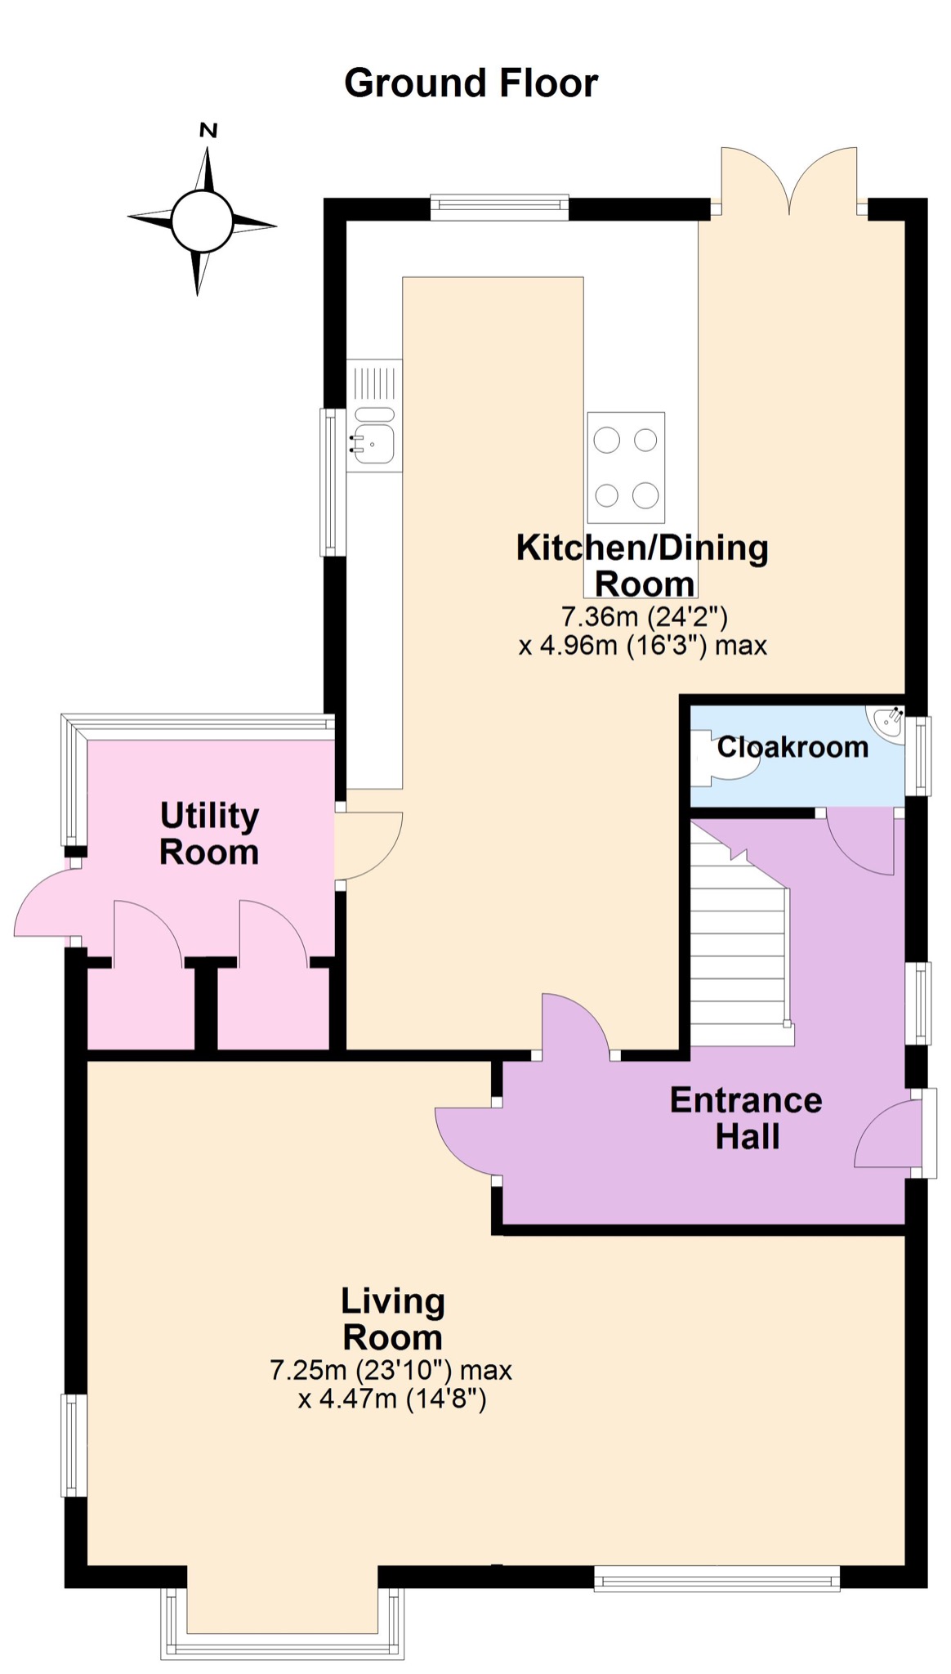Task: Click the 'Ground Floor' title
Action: [471, 83]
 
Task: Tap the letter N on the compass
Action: [208, 130]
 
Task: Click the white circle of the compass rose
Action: [202, 221]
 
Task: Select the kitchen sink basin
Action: [374, 445]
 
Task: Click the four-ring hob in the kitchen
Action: [626, 468]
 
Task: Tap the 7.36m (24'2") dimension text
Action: [644, 615]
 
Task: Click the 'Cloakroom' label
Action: [792, 746]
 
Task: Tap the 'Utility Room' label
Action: [209, 834]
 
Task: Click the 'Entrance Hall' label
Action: [746, 1118]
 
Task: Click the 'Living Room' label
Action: [393, 1318]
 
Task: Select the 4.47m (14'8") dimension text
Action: [392, 1399]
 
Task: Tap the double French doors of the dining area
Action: [789, 181]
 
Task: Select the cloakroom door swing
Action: [859, 842]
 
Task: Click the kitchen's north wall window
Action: [499, 208]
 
